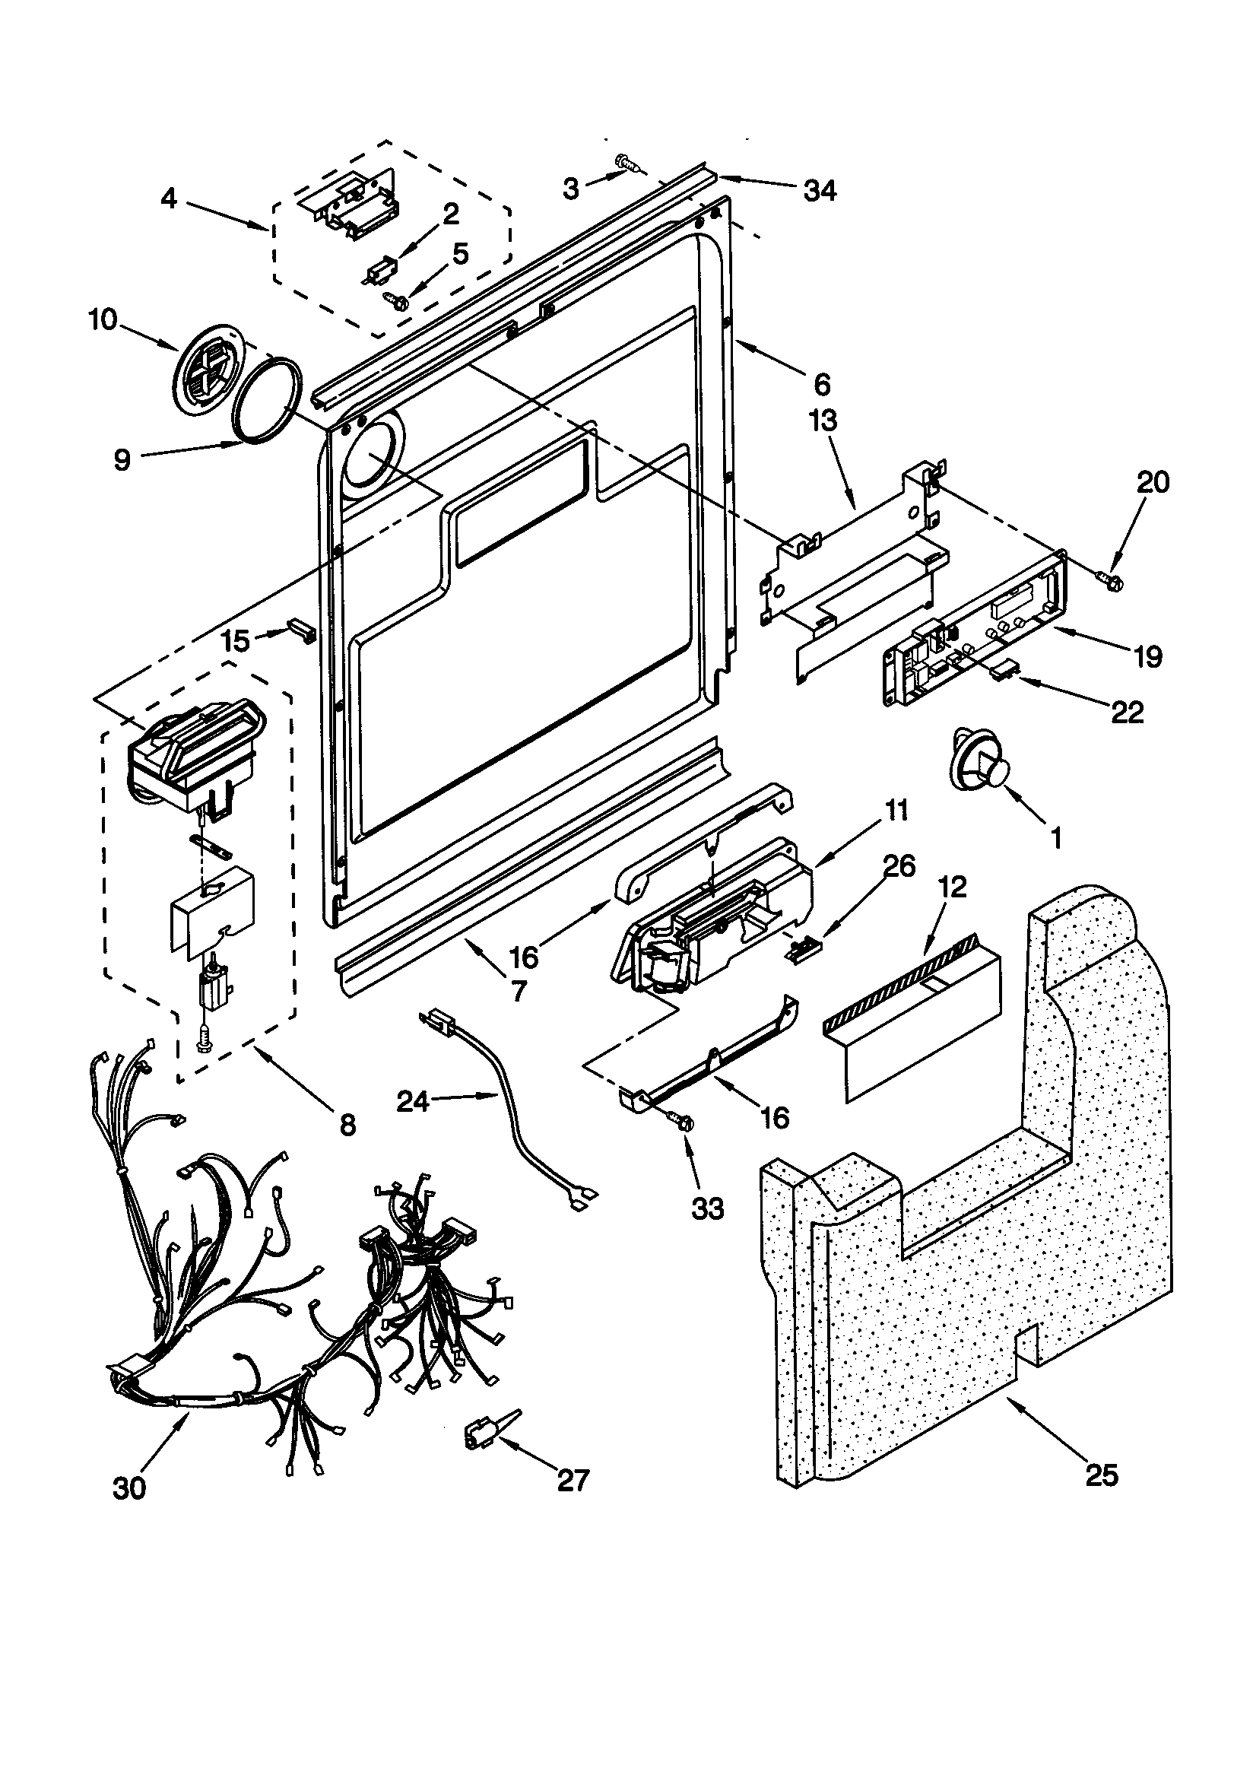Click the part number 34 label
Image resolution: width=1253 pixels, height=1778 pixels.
[x=820, y=189]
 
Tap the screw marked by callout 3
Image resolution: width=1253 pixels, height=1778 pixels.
[x=628, y=163]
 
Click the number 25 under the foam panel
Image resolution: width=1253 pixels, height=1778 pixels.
[x=1102, y=1476]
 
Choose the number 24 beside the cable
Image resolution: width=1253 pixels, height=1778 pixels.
[x=413, y=1100]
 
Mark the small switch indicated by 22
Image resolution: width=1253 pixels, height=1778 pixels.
[x=1004, y=671]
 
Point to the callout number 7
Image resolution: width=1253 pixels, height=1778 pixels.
[x=518, y=992]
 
